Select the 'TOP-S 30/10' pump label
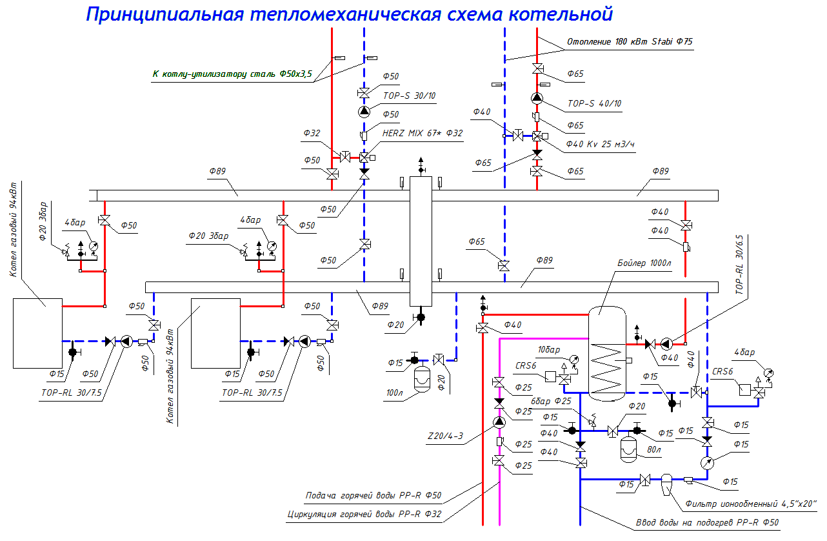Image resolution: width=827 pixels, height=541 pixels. tap(410, 96)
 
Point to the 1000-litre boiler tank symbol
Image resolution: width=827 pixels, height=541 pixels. tap(606, 352)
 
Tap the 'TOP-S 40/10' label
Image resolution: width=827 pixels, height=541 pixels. tap(595, 103)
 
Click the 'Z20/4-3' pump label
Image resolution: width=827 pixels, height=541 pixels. tap(445, 436)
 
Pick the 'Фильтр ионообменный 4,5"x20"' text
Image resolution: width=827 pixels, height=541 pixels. tap(744, 504)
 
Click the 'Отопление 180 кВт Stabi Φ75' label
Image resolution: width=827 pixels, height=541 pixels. tap(630, 42)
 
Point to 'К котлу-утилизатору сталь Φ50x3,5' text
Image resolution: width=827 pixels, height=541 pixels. tap(232, 75)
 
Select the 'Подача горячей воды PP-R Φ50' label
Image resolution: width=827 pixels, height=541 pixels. tap(373, 496)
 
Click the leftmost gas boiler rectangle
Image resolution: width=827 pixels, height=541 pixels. tap(37, 333)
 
